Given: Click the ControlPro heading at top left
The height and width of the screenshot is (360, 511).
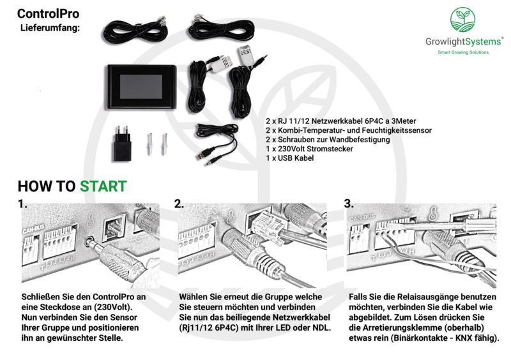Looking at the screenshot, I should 48,13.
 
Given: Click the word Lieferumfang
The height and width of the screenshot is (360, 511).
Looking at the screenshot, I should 50,28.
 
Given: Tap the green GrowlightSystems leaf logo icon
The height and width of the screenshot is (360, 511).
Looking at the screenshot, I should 464,20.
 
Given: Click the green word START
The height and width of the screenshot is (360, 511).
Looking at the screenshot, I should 103,186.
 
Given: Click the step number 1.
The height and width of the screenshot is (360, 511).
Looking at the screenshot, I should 23,205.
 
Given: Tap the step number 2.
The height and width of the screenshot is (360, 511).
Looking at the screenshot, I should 179,205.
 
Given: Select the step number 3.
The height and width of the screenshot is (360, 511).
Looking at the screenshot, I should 348,205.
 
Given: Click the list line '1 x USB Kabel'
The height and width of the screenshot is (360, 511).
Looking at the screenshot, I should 289,158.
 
